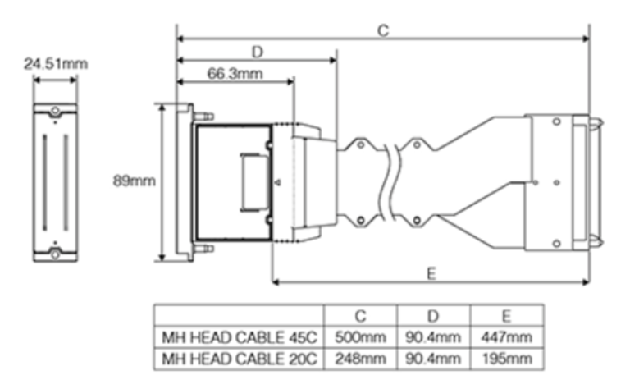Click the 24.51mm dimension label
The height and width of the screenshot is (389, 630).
coord(56,63)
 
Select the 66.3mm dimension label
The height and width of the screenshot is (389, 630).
coord(235,74)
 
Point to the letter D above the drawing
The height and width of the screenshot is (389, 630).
coord(257,52)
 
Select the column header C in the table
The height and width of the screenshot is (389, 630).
coord(360,315)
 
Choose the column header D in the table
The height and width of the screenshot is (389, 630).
coord(433,315)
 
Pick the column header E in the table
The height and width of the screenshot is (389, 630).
coord(506,315)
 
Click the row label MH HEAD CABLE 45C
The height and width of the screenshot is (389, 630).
coord(239,336)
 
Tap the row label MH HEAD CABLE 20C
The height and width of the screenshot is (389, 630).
coord(239,358)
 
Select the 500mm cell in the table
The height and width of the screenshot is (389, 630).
coord(360,336)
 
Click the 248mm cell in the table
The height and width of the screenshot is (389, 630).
coord(360,358)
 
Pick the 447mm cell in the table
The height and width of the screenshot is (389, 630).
coord(506,336)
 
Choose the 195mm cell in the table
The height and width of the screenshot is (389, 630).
coord(506,358)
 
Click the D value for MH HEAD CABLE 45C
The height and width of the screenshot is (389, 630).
coord(433,336)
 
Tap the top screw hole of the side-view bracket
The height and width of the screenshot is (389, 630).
coord(55,111)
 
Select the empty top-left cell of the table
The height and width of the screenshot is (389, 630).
coord(239,315)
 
